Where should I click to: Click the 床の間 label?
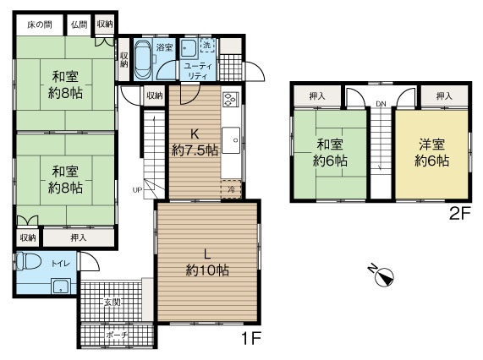[40, 25]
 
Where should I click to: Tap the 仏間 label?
[80, 25]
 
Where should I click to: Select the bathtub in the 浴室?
[143, 59]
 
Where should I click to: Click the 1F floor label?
[251, 339]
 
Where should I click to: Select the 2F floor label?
[460, 213]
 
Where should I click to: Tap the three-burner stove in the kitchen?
[231, 99]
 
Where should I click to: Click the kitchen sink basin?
[231, 140]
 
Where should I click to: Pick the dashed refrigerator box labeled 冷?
[231, 189]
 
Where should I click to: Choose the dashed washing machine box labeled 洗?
[207, 46]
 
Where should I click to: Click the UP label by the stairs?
[137, 190]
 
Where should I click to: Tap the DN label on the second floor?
[381, 104]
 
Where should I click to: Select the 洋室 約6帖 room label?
[432, 152]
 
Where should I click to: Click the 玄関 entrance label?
[112, 303]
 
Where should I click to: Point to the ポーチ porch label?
[117, 335]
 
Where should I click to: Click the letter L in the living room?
[207, 254]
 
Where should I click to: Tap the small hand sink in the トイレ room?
[61, 286]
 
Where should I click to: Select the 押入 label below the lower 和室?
[78, 237]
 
